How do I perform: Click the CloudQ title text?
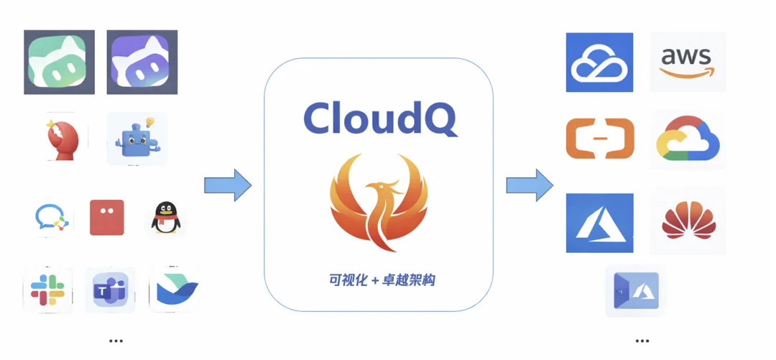click(379, 119)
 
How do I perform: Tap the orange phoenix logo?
click(379, 203)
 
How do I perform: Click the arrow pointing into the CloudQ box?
click(228, 185)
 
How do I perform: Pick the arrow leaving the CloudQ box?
click(530, 185)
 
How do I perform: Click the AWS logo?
click(687, 61)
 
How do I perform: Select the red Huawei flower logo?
click(687, 221)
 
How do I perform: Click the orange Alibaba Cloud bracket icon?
click(599, 138)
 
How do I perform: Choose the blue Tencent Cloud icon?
click(599, 62)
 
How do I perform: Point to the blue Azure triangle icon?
click(599, 223)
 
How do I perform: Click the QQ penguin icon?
click(165, 218)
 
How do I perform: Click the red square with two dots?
click(106, 217)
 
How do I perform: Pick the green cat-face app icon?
click(59, 62)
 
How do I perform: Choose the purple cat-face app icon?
click(142, 62)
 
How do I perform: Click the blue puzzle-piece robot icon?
click(137, 139)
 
